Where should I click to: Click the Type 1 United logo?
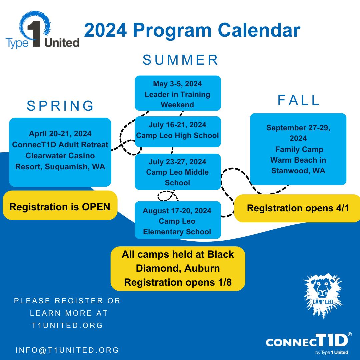tap(42, 30)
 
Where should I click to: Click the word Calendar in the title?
tap(259, 30)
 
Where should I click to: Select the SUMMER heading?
tap(180, 60)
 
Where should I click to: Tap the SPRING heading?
tap(60, 106)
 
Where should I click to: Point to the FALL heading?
tap(298, 100)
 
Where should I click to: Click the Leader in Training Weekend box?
tap(178, 93)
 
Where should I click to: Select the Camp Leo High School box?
tap(178, 132)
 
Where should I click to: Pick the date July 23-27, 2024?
tap(177, 162)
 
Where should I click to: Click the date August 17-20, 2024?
tap(177, 211)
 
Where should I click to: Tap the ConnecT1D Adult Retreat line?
tap(60, 145)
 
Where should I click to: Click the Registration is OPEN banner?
tap(60, 205)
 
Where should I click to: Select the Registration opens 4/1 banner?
tap(298, 208)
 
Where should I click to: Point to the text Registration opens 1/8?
tap(178, 282)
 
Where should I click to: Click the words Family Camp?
tap(299, 149)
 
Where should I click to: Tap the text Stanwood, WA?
tap(298, 171)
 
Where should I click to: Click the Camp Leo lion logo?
tap(323, 296)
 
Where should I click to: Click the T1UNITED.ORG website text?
tap(67, 325)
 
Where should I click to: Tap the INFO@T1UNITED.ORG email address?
tap(67, 350)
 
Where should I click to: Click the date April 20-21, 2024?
tap(60, 134)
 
